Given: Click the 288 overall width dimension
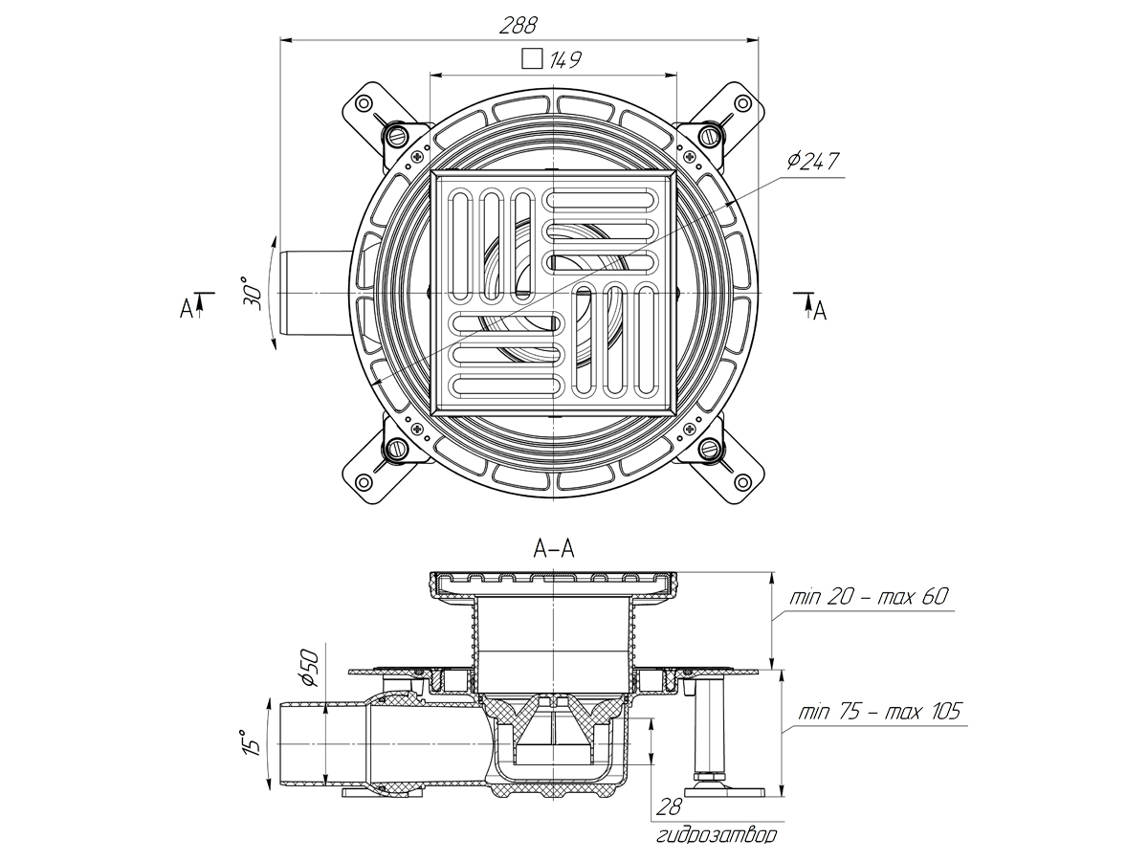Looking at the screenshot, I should (x=518, y=25).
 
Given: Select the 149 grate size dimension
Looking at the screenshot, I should (x=566, y=60).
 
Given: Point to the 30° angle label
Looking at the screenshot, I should (x=251, y=292).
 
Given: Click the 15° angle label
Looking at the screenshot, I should (x=251, y=742).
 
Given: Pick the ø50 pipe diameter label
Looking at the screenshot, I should (x=308, y=666).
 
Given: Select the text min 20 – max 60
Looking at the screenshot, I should (x=868, y=597).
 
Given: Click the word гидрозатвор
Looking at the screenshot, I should (x=717, y=836).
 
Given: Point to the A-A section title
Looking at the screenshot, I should (x=554, y=548).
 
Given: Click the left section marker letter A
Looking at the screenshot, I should (x=186, y=308).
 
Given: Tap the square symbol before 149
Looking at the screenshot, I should (x=531, y=59).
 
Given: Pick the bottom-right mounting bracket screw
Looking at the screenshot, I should (x=709, y=449).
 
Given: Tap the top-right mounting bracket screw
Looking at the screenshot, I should (x=709, y=134).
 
